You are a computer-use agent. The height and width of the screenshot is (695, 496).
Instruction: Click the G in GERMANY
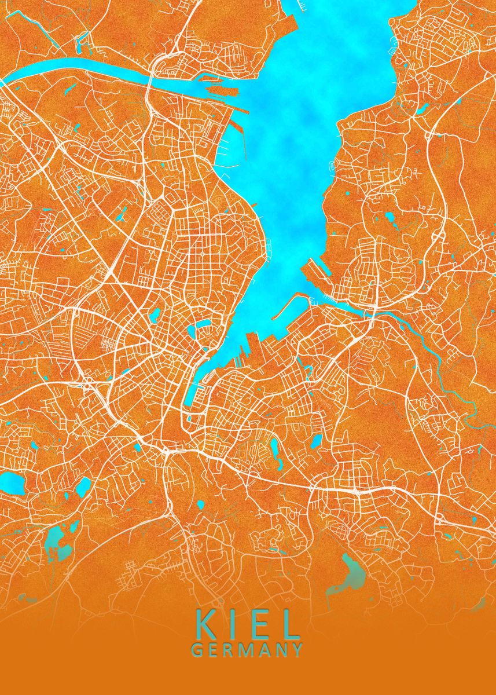coord(196,650)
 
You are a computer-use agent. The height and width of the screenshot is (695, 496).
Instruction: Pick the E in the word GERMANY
coord(212,650)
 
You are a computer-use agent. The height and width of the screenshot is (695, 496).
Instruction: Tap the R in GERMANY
coord(227,650)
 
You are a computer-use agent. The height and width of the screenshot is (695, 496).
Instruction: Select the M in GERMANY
coord(245,650)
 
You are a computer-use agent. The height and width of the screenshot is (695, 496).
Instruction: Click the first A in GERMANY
coord(263,650)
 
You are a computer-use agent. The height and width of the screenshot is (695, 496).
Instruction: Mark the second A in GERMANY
coord(263,650)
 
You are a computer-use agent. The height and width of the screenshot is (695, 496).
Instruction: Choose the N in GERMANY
coord(280,650)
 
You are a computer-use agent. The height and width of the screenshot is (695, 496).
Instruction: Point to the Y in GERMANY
coord(296,650)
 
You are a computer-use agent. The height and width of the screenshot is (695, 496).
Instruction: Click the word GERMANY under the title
coord(247,650)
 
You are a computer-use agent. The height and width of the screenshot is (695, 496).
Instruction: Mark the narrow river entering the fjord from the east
coord(428,348)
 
